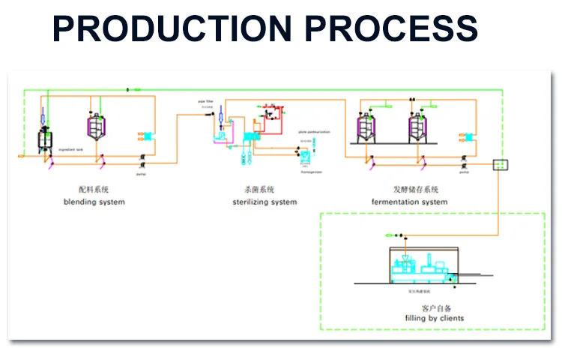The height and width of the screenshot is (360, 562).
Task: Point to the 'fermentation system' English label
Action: tap(410, 202)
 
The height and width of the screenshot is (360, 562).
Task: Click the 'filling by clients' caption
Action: tap(434, 318)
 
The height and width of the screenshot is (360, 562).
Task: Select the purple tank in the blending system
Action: tap(96, 127)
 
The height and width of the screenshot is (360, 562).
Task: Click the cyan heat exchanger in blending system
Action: tap(148, 137)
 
